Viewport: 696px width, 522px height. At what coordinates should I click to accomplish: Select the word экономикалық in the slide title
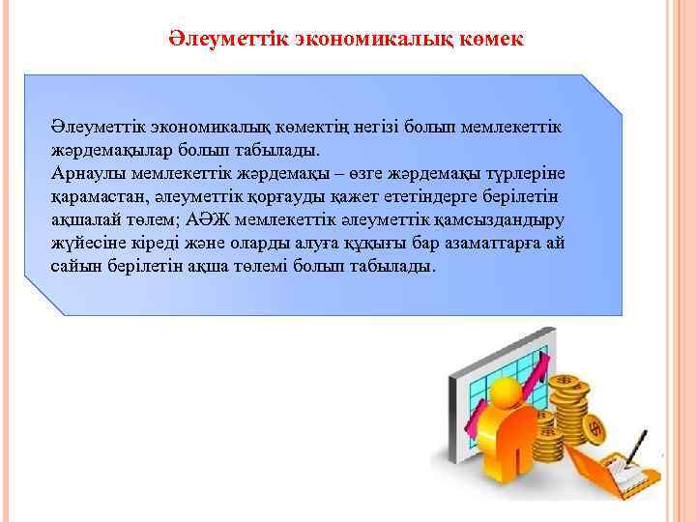tap(365, 40)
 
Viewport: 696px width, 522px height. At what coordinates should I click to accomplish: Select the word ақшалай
tap(83, 219)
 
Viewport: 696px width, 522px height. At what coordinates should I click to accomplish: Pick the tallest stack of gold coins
tap(570, 406)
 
